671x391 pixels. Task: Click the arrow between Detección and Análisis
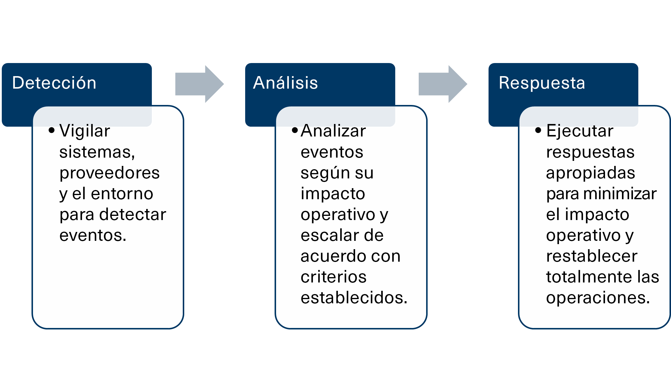199,84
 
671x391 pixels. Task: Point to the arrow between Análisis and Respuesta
442,84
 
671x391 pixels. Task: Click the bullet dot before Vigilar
52,130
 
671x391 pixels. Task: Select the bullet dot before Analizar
295,130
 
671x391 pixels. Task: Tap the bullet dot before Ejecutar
538,130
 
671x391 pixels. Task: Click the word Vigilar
85,131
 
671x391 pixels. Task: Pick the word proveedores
109,173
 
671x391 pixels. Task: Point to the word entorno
122,194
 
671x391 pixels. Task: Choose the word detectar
133,214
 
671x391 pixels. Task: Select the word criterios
333,277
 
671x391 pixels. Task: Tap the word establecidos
354,298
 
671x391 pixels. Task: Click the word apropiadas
590,173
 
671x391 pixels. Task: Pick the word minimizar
620,194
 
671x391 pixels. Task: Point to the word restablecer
592,256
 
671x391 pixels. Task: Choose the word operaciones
598,298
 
